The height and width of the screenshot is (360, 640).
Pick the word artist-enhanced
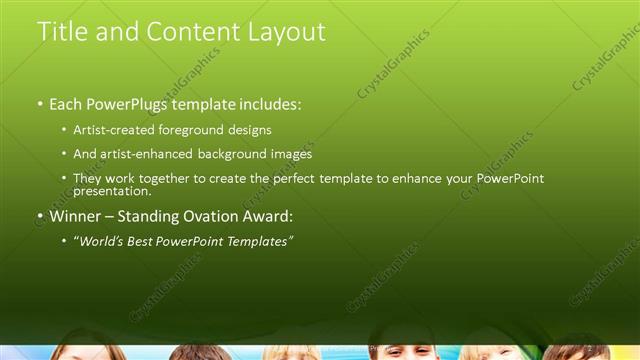[143, 154]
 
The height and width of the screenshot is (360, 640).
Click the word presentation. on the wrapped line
[112, 191]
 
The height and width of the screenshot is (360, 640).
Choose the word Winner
[77, 216]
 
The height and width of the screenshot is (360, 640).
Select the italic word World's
[100, 241]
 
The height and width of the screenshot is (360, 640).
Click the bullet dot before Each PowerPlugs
[40, 105]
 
